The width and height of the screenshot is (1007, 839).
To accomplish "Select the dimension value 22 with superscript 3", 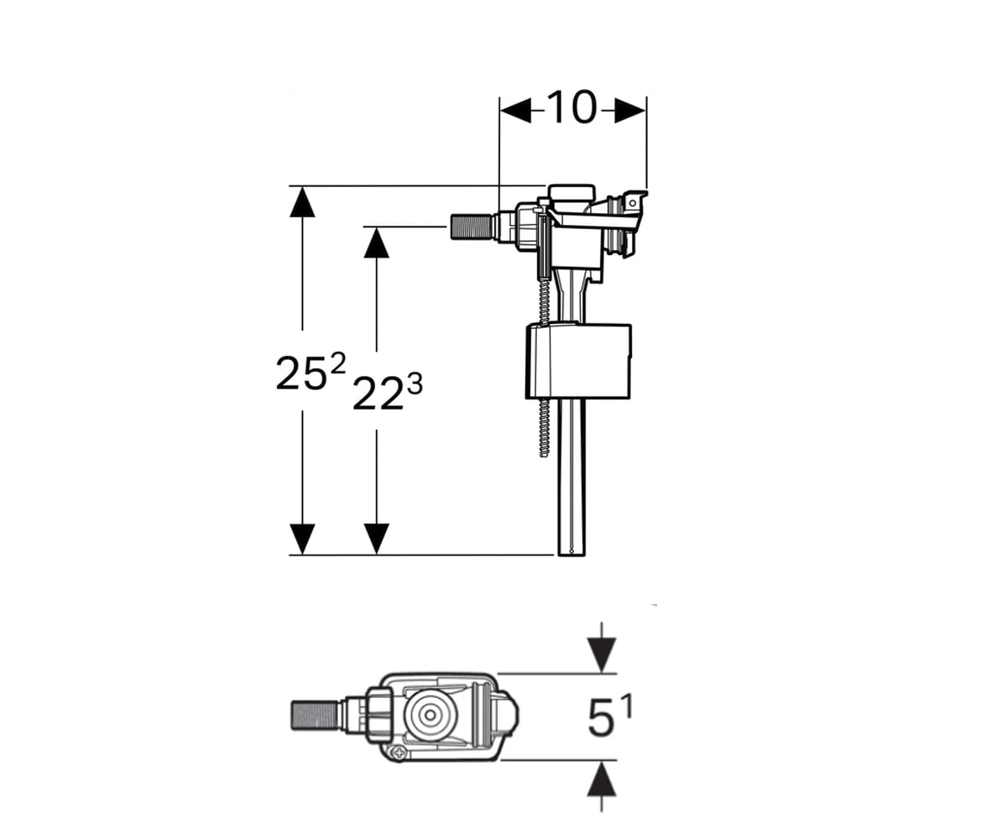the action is click(388, 393).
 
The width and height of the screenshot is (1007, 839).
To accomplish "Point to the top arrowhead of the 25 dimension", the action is click(302, 202).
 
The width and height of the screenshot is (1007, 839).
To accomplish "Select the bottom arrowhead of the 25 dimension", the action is click(302, 539).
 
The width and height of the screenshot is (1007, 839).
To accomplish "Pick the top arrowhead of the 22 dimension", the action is click(377, 242).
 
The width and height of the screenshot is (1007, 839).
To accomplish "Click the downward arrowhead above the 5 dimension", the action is click(602, 654).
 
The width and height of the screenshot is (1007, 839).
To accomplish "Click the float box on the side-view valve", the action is click(578, 362).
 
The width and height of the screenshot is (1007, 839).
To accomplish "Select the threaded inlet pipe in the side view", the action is click(472, 227).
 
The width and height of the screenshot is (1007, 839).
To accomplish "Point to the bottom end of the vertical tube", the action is click(571, 554).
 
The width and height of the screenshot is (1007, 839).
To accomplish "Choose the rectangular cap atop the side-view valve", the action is click(571, 195).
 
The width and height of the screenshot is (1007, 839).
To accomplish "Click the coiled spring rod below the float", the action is click(544, 428).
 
